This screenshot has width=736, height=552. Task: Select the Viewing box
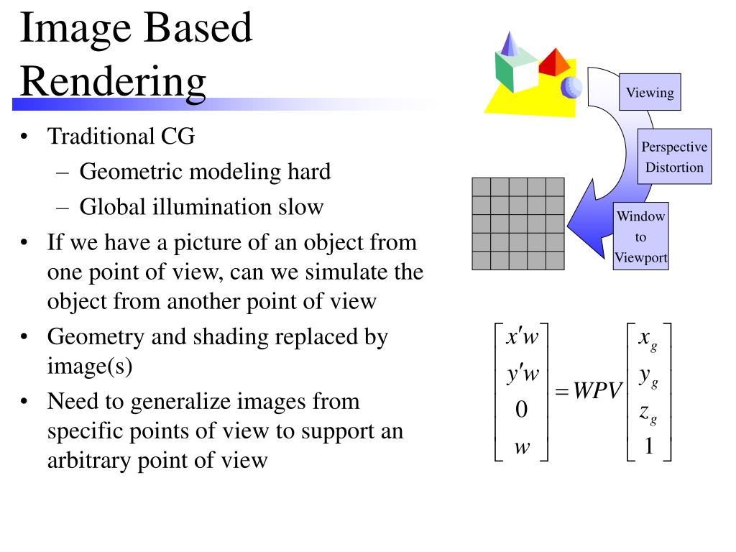point(650,93)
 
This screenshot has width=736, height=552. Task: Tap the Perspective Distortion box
point(673,157)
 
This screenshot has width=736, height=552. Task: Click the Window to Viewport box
point(641,237)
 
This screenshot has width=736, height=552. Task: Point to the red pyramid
point(555,63)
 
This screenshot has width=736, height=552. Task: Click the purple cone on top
point(510,45)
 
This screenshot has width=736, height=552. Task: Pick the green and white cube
point(516,70)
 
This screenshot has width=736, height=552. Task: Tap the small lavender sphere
point(573,87)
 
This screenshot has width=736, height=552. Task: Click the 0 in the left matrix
point(522,410)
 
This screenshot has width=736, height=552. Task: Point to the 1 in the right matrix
point(648,447)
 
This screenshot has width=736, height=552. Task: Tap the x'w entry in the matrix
point(523,337)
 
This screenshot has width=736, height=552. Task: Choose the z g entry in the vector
point(648,412)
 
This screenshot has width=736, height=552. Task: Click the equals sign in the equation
point(562,392)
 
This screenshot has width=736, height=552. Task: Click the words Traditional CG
point(121,137)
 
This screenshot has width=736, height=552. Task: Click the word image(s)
point(91,366)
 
